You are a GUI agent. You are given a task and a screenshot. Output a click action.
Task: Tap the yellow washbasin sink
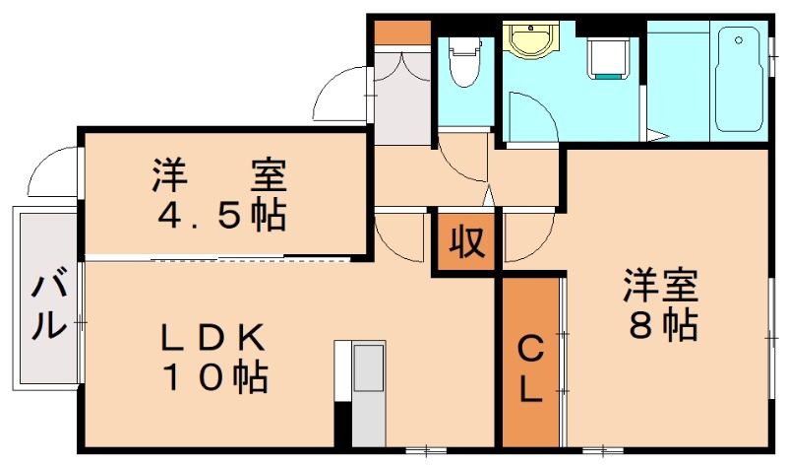click(532, 40)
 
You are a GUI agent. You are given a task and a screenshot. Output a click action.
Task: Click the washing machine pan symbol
click(607, 57)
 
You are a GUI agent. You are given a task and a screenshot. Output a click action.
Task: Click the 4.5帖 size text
click(219, 215)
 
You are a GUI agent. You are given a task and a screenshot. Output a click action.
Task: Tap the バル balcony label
click(45, 307)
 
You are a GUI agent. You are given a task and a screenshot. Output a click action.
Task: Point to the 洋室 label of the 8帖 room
click(660, 287)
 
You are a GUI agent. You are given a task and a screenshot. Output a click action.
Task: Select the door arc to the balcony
click(51, 172)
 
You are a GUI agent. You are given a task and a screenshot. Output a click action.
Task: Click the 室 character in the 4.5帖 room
click(267, 176)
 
